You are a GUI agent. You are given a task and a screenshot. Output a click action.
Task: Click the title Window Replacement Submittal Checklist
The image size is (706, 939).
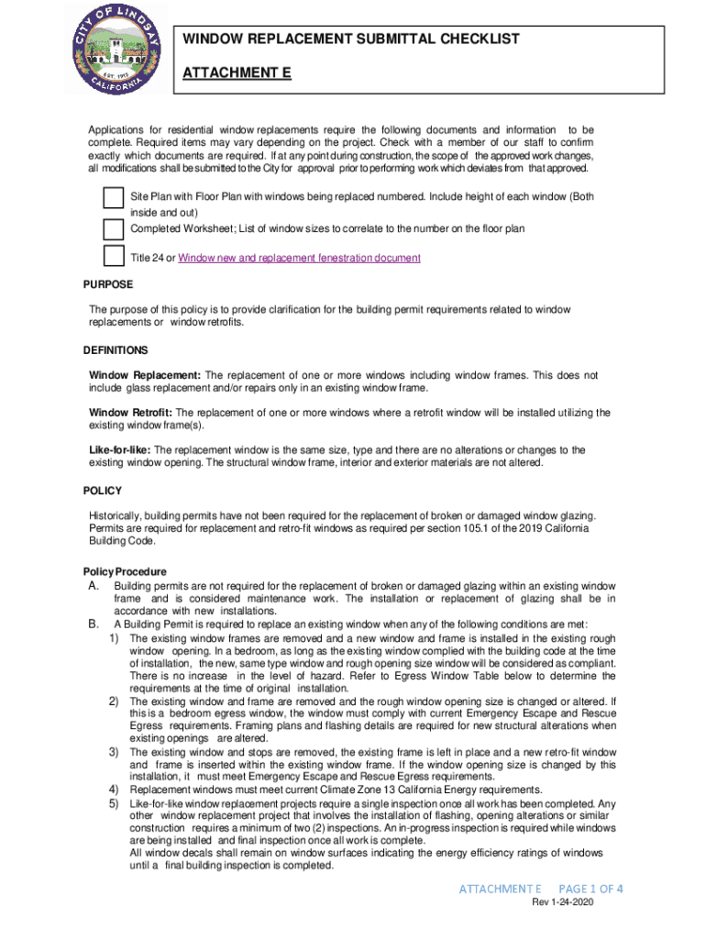[351, 39]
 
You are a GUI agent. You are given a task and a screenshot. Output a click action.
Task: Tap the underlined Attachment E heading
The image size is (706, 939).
[237, 71]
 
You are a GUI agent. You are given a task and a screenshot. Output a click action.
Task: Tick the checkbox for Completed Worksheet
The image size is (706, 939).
[114, 227]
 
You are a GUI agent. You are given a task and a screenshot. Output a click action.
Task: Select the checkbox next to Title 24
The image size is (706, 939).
[114, 257]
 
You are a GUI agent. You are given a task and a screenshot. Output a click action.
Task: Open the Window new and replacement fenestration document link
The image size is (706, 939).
[299, 259]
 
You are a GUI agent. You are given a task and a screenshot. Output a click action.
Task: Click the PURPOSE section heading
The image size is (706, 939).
[108, 285]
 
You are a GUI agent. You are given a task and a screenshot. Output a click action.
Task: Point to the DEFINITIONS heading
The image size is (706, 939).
[116, 350]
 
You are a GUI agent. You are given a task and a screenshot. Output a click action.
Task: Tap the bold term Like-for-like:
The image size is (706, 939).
[119, 450]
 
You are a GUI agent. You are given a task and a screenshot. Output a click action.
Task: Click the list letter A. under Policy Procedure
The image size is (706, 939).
[94, 586]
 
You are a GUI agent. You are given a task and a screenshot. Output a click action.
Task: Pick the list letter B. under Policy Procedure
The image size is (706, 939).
[94, 624]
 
